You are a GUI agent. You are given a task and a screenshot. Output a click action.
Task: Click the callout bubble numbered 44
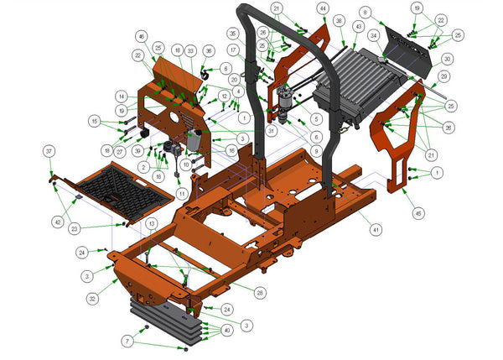(x=323, y=8)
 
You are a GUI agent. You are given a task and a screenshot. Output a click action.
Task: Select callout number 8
(x=365, y=12)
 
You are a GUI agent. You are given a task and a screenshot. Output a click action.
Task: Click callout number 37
(x=49, y=150)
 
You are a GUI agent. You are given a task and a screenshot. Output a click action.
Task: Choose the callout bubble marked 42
(x=57, y=222)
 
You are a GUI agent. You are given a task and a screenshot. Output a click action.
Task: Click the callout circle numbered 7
(x=127, y=341)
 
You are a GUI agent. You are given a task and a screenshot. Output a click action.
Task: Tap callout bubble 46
(x=141, y=37)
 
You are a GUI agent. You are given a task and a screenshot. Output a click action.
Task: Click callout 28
(x=261, y=292)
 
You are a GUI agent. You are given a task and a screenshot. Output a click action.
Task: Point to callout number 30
(x=447, y=59)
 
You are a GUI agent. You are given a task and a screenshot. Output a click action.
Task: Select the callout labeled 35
(x=232, y=34)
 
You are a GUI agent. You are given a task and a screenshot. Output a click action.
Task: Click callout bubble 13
(x=150, y=223)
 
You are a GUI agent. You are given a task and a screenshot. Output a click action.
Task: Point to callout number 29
(x=443, y=76)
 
